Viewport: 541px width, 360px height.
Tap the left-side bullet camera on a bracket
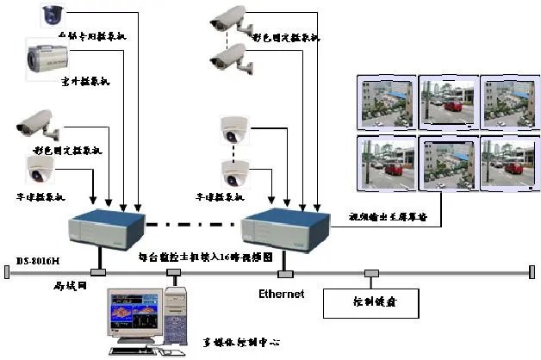click(39, 127)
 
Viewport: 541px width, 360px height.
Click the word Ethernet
click(282, 295)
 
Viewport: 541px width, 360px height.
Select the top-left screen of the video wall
click(385, 99)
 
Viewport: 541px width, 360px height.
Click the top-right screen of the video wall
click(504, 99)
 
